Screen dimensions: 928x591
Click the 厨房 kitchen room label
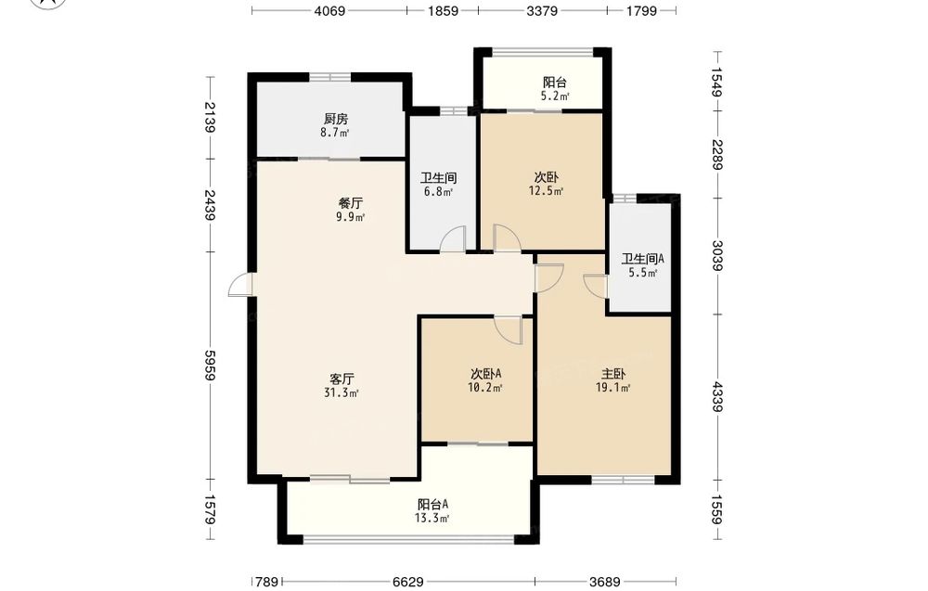pos(336,119)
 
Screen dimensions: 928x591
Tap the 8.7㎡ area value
pos(335,133)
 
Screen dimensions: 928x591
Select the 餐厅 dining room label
pos(351,203)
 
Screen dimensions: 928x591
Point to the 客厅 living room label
pos(342,379)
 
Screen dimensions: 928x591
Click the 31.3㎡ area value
pos(342,392)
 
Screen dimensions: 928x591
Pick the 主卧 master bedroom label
pos(613,374)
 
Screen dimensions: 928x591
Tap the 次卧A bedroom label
pos(486,374)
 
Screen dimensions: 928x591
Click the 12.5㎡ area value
pos(546,190)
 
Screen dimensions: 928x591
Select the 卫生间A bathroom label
pos(643,259)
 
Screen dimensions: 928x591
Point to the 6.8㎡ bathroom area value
pos(439,192)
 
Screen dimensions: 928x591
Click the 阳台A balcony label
pos(432,505)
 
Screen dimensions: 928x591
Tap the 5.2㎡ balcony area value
pos(555,96)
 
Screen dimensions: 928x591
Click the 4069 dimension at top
pos(329,10)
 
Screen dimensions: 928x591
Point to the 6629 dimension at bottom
pos(408,582)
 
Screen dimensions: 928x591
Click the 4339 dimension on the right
pos(716,396)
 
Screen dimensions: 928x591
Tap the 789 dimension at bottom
pos(267,582)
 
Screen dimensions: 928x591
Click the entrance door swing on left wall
pos(240,285)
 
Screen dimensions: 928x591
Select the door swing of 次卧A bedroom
pos(509,330)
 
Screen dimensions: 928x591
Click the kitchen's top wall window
pos(329,76)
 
